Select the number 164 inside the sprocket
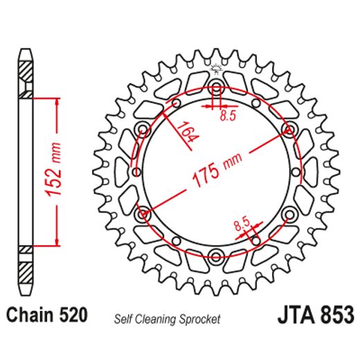click(183, 132)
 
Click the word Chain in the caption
click(27, 316)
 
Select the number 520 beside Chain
click(72, 316)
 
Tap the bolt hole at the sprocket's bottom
click(215, 258)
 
